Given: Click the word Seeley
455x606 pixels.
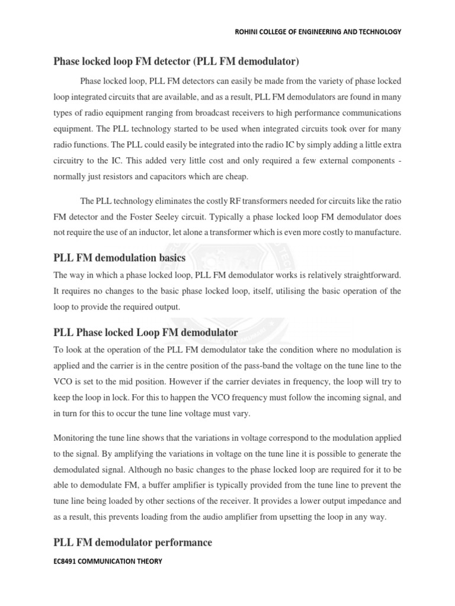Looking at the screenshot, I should click(185, 217).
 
